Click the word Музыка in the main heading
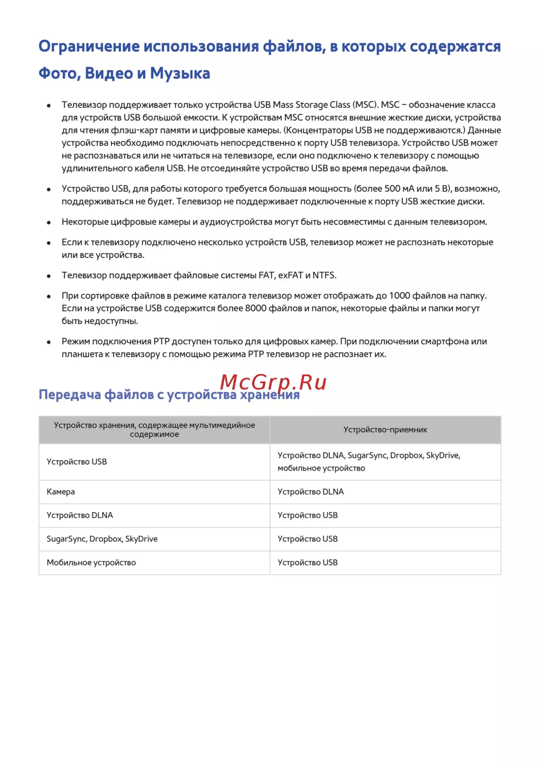coord(180,73)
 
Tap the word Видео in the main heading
coord(109,73)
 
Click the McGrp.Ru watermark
coord(273,382)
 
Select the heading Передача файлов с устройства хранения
coord(169,395)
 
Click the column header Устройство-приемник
coord(385,430)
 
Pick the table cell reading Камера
coord(60,492)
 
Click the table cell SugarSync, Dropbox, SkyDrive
coord(102,539)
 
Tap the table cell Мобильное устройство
coord(91,563)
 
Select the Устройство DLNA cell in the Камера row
coord(310,492)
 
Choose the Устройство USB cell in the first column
coord(77,462)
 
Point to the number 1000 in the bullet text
coord(400,296)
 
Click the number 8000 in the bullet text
coord(255,309)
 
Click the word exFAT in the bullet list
coord(291,275)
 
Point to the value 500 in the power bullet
coord(392,189)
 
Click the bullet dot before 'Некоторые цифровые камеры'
coord(49,222)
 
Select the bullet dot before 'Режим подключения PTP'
coord(49,342)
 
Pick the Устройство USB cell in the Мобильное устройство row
coord(308,563)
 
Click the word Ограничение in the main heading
coord(89,46)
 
